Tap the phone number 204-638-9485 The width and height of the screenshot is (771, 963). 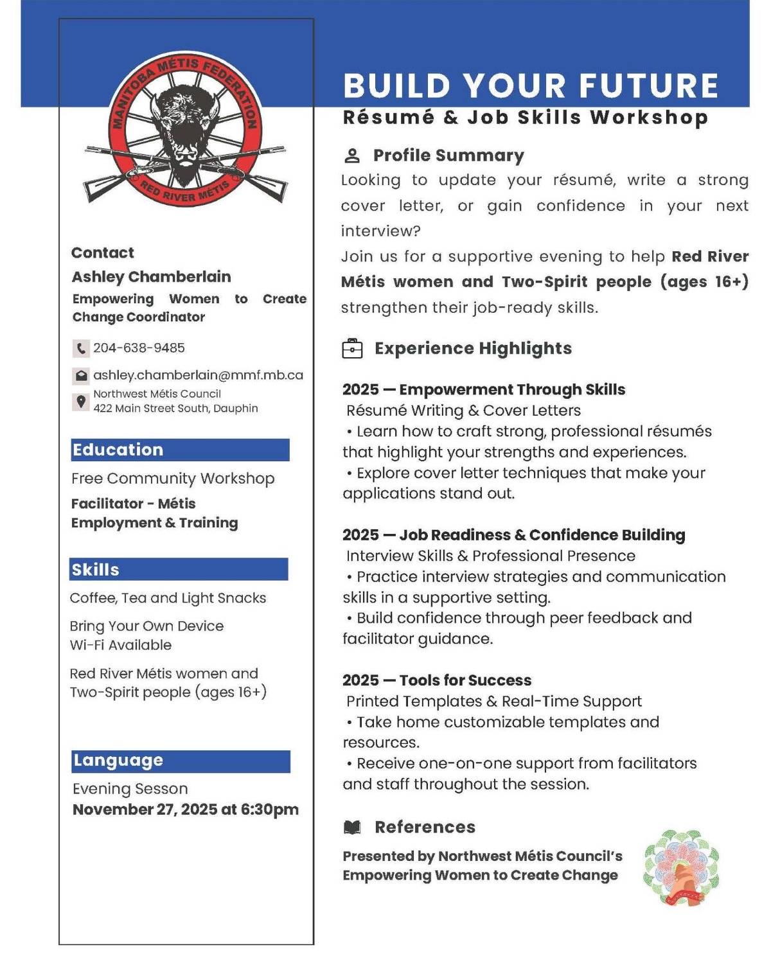point(139,348)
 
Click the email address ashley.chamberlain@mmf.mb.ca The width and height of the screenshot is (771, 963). point(198,375)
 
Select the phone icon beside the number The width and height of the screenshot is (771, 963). point(80,349)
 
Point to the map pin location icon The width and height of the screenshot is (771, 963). point(81,402)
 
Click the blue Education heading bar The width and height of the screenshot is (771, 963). point(180,450)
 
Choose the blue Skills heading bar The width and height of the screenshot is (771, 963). point(179,570)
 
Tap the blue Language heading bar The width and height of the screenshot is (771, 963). point(181,761)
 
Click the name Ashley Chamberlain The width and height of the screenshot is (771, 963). point(151,277)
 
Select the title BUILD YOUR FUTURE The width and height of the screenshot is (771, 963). point(531,86)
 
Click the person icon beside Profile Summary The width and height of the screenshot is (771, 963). point(352,156)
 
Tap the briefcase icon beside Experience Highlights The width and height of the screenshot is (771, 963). point(352,348)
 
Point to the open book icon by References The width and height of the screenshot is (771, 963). point(352,827)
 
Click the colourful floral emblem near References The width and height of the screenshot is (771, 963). point(682,867)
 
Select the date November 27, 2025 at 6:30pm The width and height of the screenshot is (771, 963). point(186,809)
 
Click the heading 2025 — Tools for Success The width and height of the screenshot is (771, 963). point(437,680)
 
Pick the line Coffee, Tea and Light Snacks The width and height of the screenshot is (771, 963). point(168,598)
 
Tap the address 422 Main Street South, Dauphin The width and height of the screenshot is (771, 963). point(175,409)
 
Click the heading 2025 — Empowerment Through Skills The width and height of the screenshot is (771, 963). point(484,390)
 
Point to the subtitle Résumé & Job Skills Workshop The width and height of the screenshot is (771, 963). point(525,118)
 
